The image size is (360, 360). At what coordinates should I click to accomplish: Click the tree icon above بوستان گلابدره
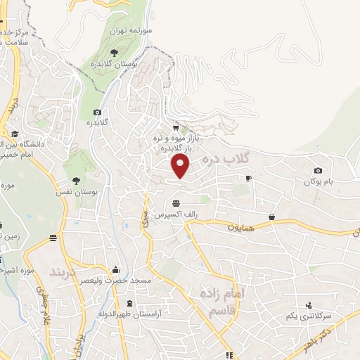click(114, 52)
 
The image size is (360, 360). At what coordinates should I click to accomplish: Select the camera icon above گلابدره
click(97, 112)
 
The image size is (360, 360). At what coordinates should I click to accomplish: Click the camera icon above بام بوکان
click(318, 170)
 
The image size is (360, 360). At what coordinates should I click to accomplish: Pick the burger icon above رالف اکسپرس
click(175, 202)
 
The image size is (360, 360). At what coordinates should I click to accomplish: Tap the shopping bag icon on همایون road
click(271, 217)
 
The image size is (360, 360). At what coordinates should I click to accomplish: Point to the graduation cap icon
click(14, 134)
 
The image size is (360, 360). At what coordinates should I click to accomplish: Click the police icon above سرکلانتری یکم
click(308, 304)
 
